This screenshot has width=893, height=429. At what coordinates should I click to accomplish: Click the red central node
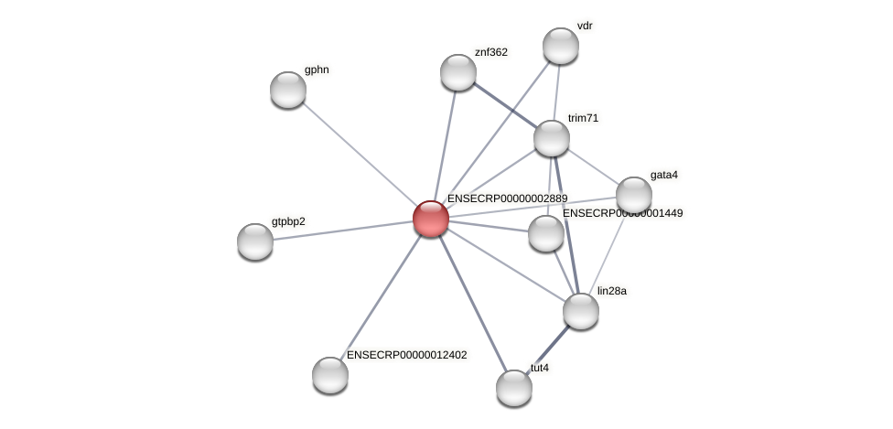tap(430, 219)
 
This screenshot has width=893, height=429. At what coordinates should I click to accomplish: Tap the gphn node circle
tap(288, 90)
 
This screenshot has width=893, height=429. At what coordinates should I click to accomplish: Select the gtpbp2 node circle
tap(255, 241)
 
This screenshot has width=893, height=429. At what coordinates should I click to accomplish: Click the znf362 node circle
tap(458, 72)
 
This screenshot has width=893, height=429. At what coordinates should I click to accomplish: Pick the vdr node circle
tap(561, 46)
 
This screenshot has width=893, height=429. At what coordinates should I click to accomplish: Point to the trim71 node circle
tap(552, 138)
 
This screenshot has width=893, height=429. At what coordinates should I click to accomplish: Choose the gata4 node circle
tap(634, 195)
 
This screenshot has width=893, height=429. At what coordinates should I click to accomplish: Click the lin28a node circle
tap(581, 311)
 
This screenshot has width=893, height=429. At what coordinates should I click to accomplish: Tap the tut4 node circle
tap(514, 388)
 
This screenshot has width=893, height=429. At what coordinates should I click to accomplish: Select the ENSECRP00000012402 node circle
tap(330, 375)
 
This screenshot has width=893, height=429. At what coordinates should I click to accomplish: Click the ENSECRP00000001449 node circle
tap(546, 233)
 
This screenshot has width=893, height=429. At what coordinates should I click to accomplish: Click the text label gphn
tap(317, 70)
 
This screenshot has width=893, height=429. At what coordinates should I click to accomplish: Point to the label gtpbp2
tap(288, 221)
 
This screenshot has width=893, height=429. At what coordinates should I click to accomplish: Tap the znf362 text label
tap(491, 52)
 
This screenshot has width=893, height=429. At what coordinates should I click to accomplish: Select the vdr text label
tap(585, 26)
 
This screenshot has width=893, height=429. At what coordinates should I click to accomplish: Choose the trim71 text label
tap(584, 118)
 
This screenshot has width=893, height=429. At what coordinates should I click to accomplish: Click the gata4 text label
tap(664, 175)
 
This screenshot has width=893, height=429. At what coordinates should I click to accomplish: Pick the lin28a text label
tap(612, 291)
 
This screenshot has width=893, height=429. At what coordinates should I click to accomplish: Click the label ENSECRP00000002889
tap(507, 198)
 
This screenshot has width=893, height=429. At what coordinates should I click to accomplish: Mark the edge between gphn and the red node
tap(359, 154)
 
